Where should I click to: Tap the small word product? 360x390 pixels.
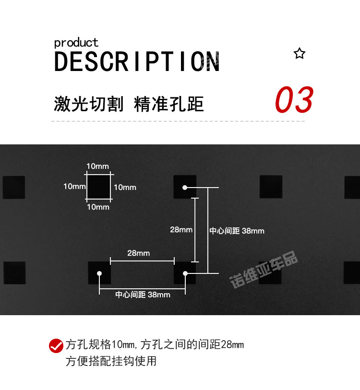pyautogui.click(x=76, y=43)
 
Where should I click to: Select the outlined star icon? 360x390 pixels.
pyautogui.click(x=300, y=53)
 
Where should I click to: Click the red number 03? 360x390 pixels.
pyautogui.click(x=294, y=100)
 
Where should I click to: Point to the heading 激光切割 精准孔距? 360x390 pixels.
pyautogui.click(x=129, y=104)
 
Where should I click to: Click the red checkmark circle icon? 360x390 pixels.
pyautogui.click(x=56, y=345)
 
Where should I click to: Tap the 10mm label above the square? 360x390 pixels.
pyautogui.click(x=97, y=166)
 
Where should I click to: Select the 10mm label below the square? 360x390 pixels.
pyautogui.click(x=98, y=207)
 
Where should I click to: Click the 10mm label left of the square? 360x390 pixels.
pyautogui.click(x=74, y=186)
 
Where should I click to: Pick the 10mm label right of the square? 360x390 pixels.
pyautogui.click(x=125, y=187)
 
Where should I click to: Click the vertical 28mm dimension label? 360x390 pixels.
pyautogui.click(x=181, y=230)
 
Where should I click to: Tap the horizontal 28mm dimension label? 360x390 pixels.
pyautogui.click(x=138, y=253)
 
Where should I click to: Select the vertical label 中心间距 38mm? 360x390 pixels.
pyautogui.click(x=237, y=231)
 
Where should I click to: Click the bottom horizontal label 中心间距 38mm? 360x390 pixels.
pyautogui.click(x=143, y=295)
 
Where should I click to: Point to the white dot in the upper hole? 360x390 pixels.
pyautogui.click(x=185, y=188)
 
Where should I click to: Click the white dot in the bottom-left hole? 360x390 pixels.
pyautogui.click(x=99, y=273)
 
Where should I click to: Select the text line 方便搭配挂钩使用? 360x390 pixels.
pyautogui.click(x=111, y=361)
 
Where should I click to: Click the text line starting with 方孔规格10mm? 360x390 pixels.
pyautogui.click(x=155, y=344)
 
